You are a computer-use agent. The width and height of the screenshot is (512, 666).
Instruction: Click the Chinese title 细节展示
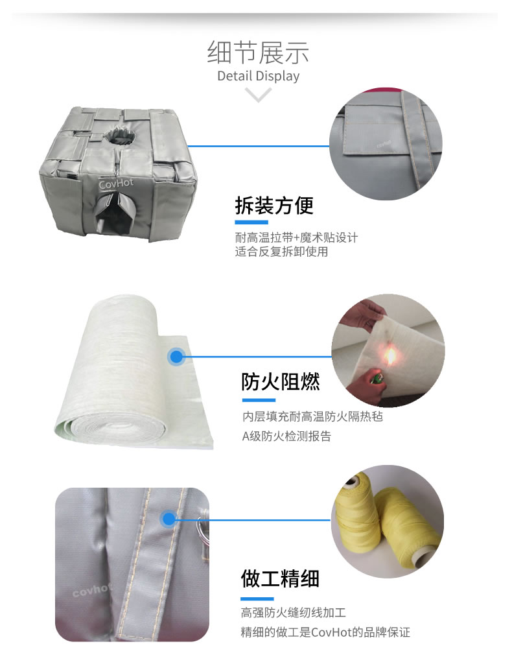tap(258, 52)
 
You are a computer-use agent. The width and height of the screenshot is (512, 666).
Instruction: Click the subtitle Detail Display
tap(258, 76)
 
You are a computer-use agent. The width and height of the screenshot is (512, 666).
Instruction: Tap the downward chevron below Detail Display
tap(259, 96)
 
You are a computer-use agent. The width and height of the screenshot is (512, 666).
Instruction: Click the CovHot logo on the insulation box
tap(116, 184)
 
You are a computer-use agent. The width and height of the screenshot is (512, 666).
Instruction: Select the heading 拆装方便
tap(274, 206)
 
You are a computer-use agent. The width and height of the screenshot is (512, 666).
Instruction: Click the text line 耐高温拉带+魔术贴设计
tap(296, 237)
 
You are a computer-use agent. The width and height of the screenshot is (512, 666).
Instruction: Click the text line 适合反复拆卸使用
tap(281, 252)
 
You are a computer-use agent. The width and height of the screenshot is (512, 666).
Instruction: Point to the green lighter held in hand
tap(377, 376)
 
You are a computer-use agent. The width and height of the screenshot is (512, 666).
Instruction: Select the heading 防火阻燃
tap(281, 381)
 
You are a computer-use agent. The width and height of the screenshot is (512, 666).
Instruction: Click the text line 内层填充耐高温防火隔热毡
tap(312, 416)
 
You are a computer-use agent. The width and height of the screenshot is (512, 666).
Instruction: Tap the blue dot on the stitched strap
tap(169, 519)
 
